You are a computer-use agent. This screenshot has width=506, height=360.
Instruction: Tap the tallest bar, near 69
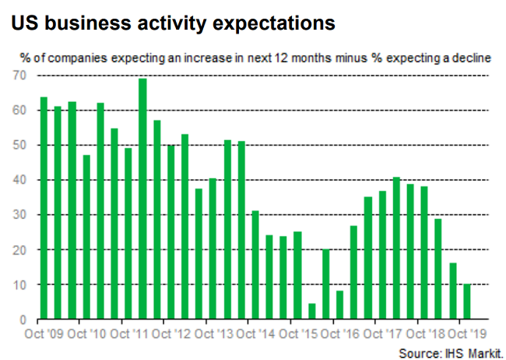click(142, 199)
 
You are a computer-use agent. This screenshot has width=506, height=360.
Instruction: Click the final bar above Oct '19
click(466, 302)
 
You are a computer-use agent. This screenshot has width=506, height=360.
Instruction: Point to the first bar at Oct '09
click(44, 208)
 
